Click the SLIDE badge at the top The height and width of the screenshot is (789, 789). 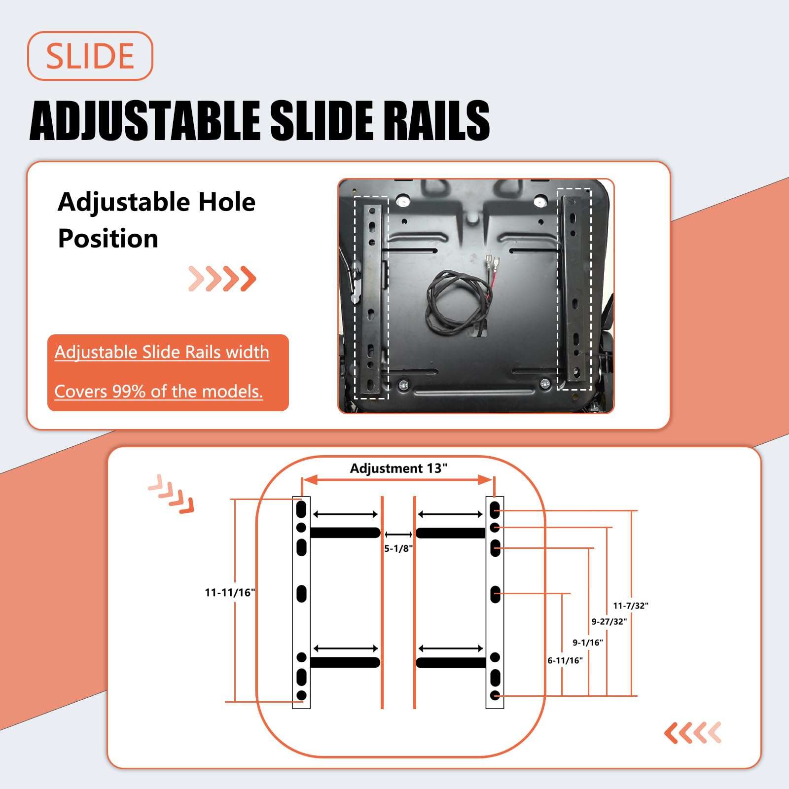coord(90,56)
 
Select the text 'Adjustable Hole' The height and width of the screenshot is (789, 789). coord(156,202)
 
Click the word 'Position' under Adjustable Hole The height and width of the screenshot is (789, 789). coord(108,239)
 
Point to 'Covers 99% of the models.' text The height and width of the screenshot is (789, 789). coord(158,391)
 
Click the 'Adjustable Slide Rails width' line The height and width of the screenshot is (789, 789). coord(162,352)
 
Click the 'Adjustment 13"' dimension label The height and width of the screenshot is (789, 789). coord(398,468)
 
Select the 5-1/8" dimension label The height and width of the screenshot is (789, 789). coord(398,548)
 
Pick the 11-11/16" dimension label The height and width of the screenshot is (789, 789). coord(230,592)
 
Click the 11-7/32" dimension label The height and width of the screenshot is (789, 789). coord(630,606)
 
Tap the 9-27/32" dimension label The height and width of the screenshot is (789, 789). coord(609,622)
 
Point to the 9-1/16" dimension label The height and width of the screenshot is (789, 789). coord(587,643)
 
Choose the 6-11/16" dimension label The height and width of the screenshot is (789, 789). coord(565,660)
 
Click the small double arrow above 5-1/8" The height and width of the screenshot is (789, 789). coord(398,534)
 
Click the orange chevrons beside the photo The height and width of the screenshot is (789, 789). coord(222,279)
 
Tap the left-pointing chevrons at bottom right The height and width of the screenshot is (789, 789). coord(693,733)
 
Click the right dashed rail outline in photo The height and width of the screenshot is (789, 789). coord(574,288)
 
